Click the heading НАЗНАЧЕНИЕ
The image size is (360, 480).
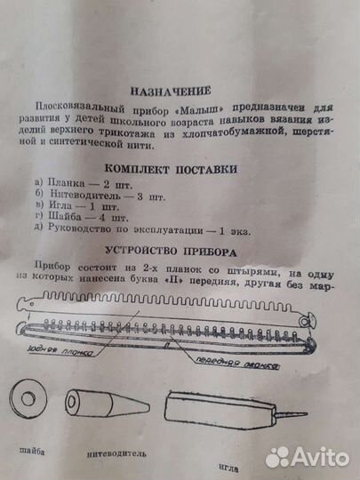170,91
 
